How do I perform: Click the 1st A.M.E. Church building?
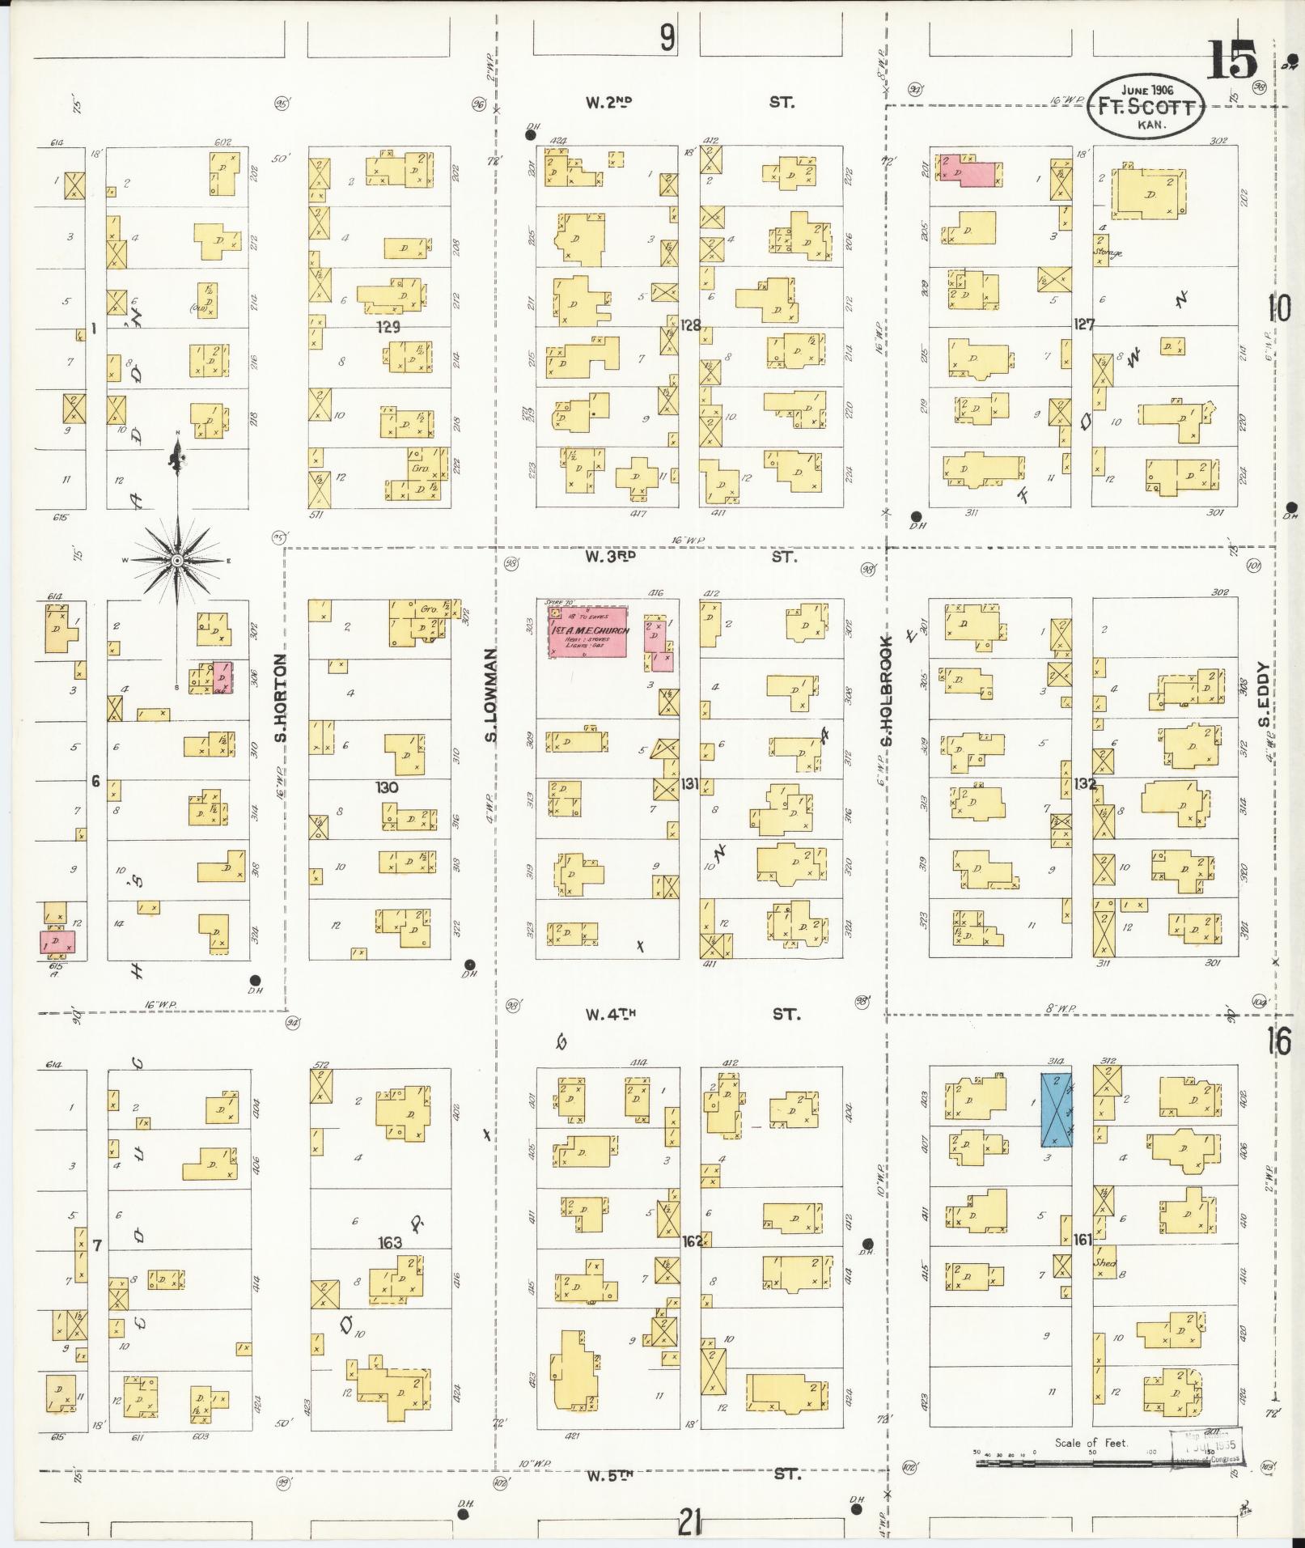(588, 631)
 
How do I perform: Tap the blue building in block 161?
(1056, 1109)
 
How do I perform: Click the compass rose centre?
(176, 560)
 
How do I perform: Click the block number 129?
(389, 328)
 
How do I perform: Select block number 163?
(390, 1242)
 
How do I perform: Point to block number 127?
(1084, 325)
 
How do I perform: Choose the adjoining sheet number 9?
(667, 37)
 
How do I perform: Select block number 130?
(388, 787)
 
